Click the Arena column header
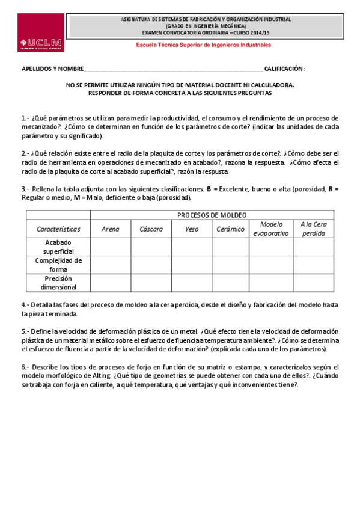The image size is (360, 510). pos(110,229)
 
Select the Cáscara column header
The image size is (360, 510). pos(151,229)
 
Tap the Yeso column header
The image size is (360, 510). pos(192,229)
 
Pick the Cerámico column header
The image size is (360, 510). pos(231,229)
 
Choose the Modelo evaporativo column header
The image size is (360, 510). pos(270,229)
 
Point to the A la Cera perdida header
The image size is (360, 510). pos(313,229)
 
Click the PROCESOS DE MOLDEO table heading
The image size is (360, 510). pos(212,215)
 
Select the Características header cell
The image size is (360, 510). pos(58,229)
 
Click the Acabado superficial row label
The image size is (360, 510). pos(58,247)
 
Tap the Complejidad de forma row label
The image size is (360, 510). pos(58,265)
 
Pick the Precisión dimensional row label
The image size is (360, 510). pos(58,283)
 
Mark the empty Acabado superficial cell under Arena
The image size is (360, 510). pos(110,247)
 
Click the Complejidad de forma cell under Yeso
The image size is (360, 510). pos(192,265)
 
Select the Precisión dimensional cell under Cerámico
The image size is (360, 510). pos(231,283)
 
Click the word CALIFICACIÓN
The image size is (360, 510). pos(284,69)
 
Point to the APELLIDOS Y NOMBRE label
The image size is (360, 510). pos(53,69)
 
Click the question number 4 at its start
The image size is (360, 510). pos(25,305)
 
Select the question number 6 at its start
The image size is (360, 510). pos(25,367)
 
